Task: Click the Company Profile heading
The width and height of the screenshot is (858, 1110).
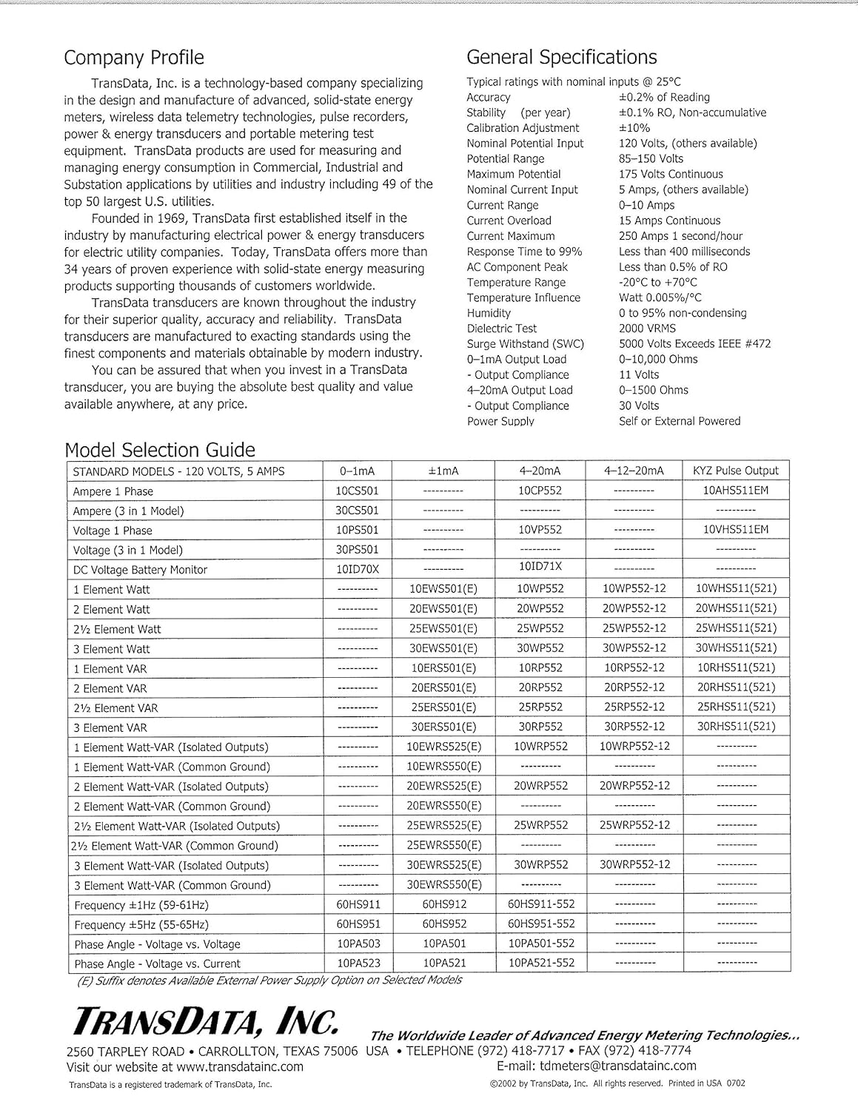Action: coord(134,58)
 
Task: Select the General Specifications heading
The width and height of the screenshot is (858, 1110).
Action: coord(561,58)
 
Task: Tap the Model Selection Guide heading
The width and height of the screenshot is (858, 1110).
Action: coord(160,450)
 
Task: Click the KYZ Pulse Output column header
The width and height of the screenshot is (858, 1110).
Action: coord(736,471)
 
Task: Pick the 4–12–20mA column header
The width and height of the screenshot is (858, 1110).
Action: coord(634,471)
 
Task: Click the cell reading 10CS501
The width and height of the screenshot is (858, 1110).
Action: coord(357,491)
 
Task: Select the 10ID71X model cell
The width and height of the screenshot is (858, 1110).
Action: coord(540,566)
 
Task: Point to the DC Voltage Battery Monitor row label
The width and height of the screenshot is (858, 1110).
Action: coord(140,570)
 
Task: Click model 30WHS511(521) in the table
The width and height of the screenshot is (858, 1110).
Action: coord(736,647)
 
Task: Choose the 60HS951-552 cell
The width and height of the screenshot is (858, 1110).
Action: coord(541,924)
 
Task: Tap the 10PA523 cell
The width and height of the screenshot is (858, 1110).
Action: coord(358,963)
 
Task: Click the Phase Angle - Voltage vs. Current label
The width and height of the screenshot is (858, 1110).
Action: coord(157,963)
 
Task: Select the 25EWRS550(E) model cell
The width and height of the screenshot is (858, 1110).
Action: coord(444,845)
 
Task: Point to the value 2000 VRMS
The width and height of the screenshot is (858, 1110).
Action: coord(647,329)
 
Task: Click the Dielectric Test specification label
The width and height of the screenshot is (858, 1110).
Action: coord(502,329)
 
